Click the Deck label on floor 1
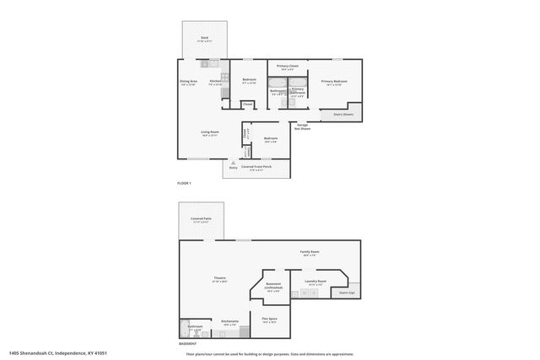[204, 39]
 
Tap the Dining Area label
[188, 82]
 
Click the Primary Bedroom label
[334, 82]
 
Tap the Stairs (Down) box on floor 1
[342, 114]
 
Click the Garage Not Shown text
[302, 127]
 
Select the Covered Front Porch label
[256, 167]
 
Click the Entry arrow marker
[233, 162]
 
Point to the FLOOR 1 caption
[184, 184]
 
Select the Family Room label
[310, 252]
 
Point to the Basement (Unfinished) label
[273, 287]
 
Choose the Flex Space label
[269, 319]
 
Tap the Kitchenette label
[229, 322]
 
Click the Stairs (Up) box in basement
[347, 293]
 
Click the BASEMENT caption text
[187, 344]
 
